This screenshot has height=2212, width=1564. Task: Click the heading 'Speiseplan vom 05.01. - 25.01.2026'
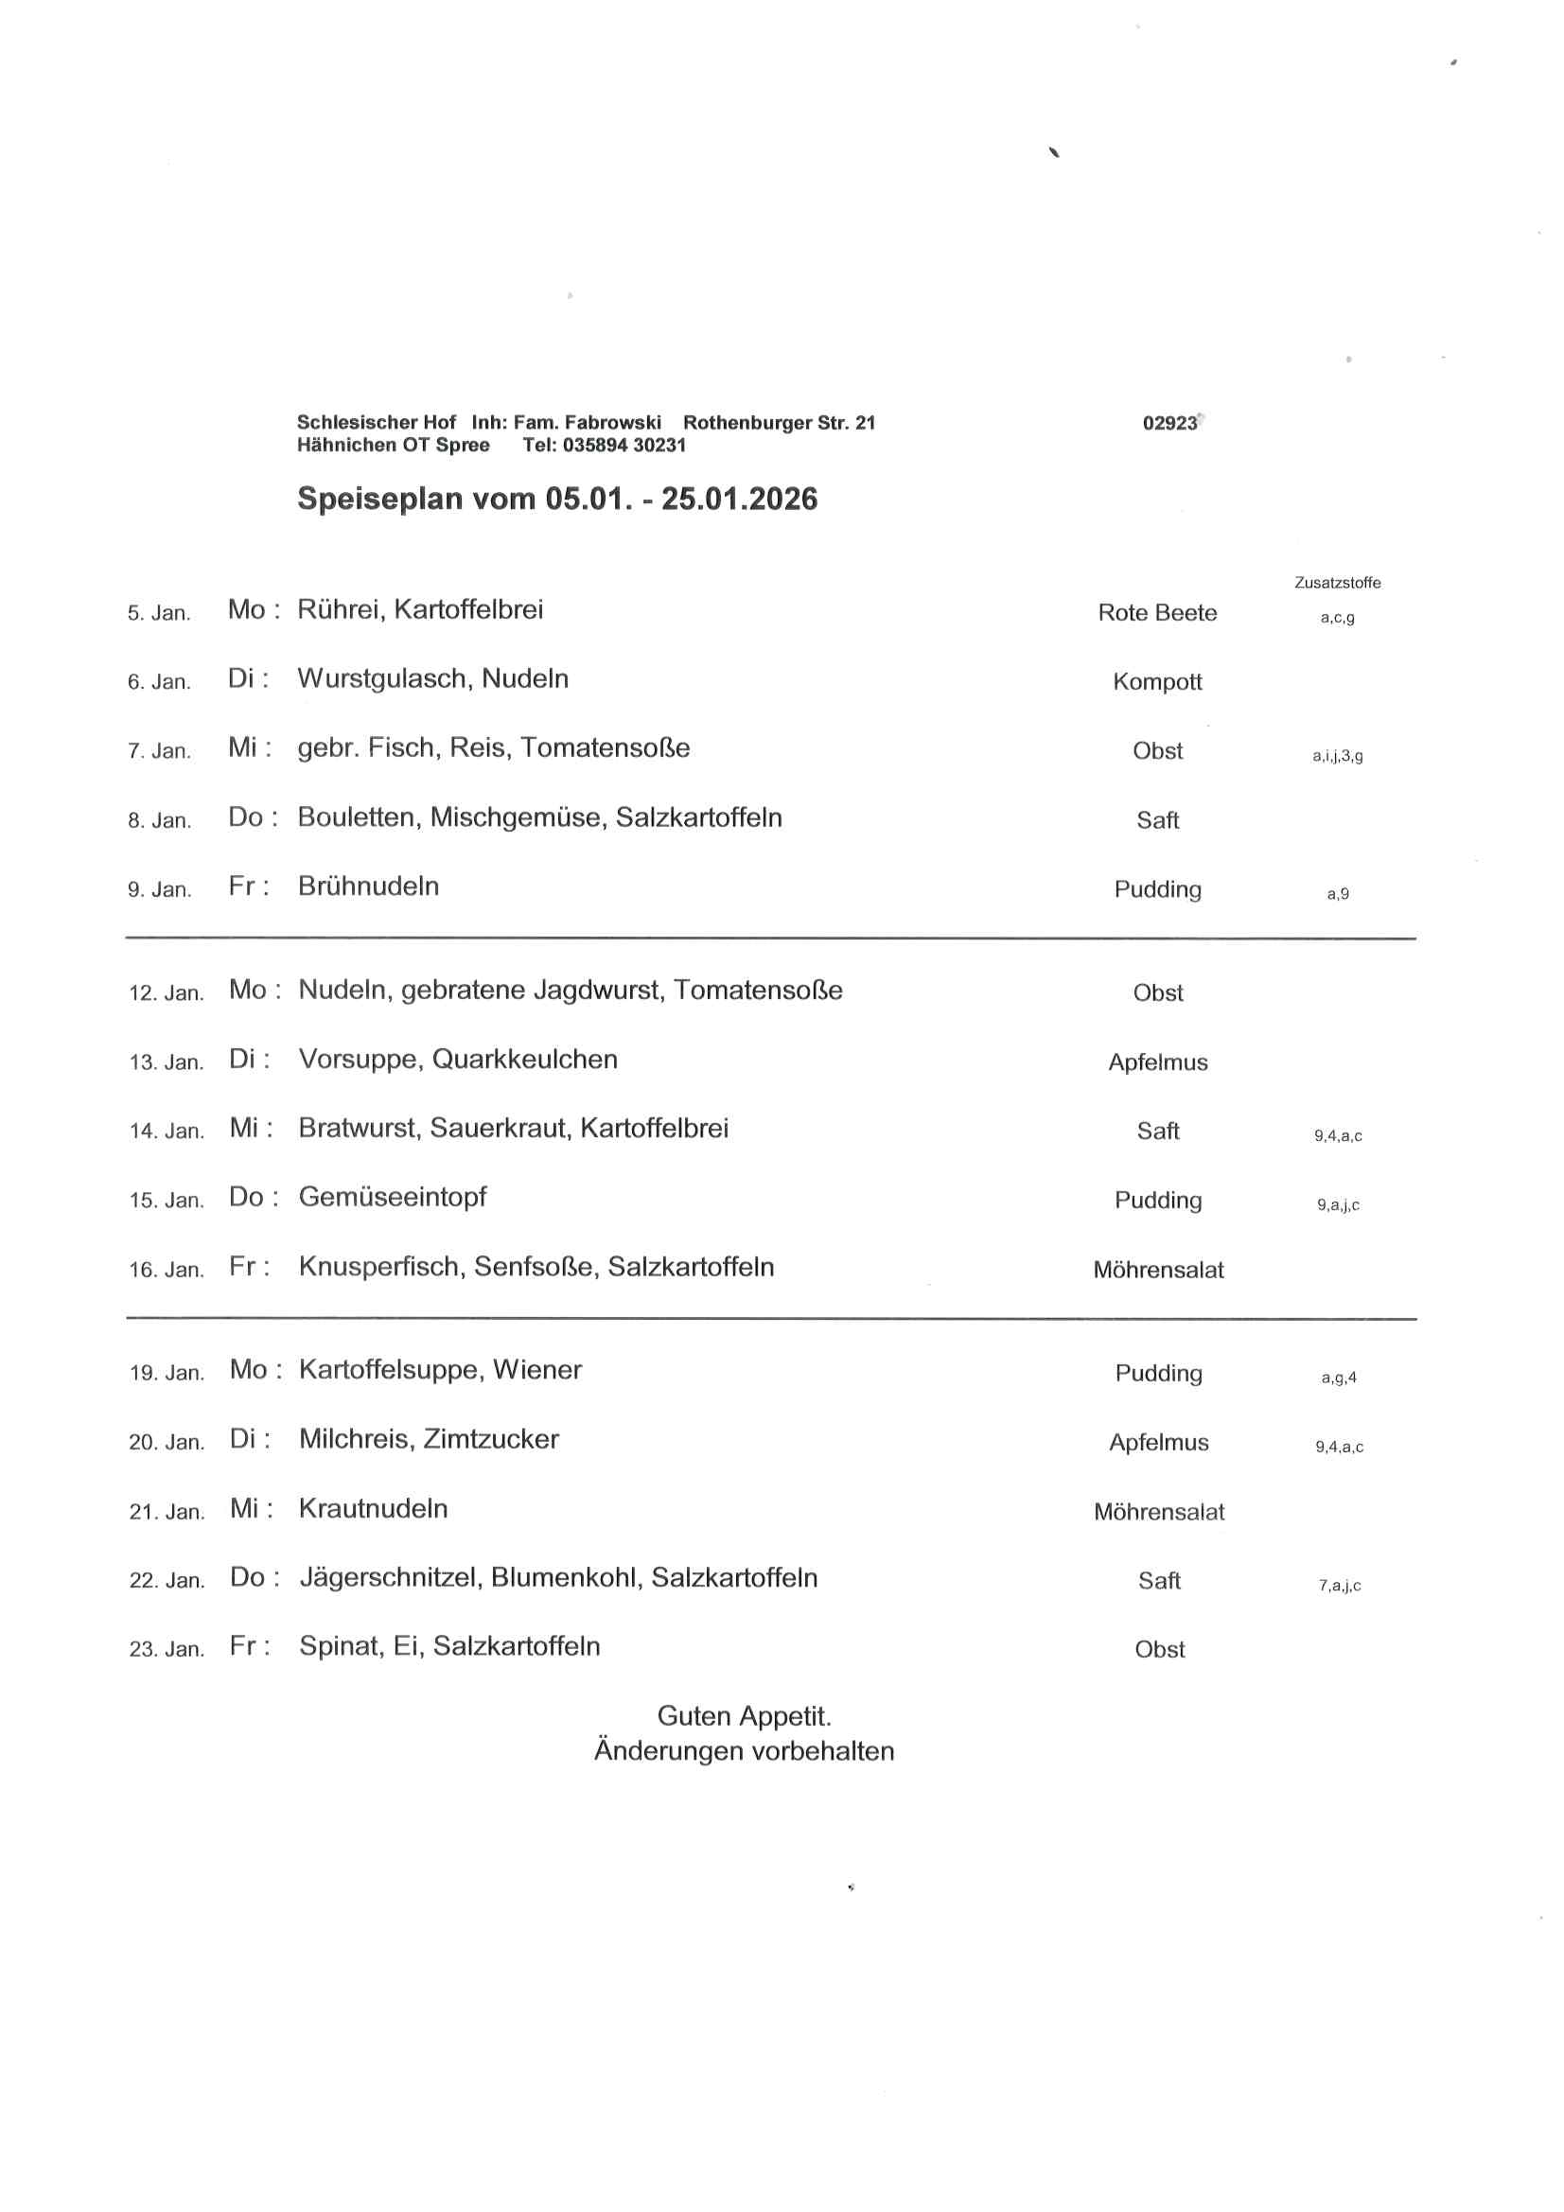[557, 499]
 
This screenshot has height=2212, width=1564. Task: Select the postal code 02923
[1169, 423]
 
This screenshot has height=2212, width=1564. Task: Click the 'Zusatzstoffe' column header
[1337, 583]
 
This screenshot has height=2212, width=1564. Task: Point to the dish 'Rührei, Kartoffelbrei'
[420, 610]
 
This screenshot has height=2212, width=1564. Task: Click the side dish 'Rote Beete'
[1157, 613]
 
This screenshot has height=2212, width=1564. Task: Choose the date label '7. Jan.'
[159, 751]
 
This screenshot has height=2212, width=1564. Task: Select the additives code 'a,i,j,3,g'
[1337, 756]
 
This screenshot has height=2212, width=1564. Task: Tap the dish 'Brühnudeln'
[368, 887]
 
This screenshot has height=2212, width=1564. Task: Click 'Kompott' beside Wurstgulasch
[1157, 682]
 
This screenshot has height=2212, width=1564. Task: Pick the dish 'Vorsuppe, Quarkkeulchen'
[458, 1060]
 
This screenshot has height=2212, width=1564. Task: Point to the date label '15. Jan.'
[167, 1201]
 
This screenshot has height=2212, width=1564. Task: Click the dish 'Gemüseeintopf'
[393, 1198]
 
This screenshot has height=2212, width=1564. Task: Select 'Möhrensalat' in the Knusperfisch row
[1158, 1270]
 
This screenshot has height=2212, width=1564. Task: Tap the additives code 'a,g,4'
[1339, 1378]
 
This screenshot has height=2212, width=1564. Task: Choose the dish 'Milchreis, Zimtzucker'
[429, 1439]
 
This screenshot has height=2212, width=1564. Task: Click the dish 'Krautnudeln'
[373, 1509]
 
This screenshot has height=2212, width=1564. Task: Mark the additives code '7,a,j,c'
[1340, 1586]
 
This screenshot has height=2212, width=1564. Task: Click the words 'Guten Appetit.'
[744, 1716]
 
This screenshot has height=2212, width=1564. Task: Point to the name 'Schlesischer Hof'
[376, 423]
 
